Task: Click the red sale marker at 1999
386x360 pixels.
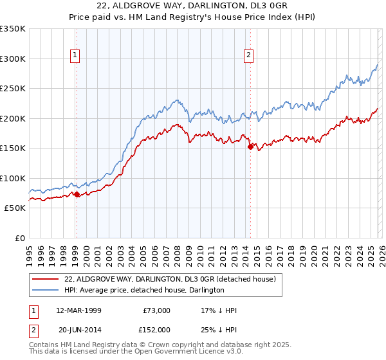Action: tap(77, 194)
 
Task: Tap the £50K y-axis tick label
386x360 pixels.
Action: tap(15, 208)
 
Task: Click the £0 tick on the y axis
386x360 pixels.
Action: tap(20, 238)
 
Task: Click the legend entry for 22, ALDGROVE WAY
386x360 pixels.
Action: tap(170, 279)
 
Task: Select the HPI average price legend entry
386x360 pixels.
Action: tap(144, 290)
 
